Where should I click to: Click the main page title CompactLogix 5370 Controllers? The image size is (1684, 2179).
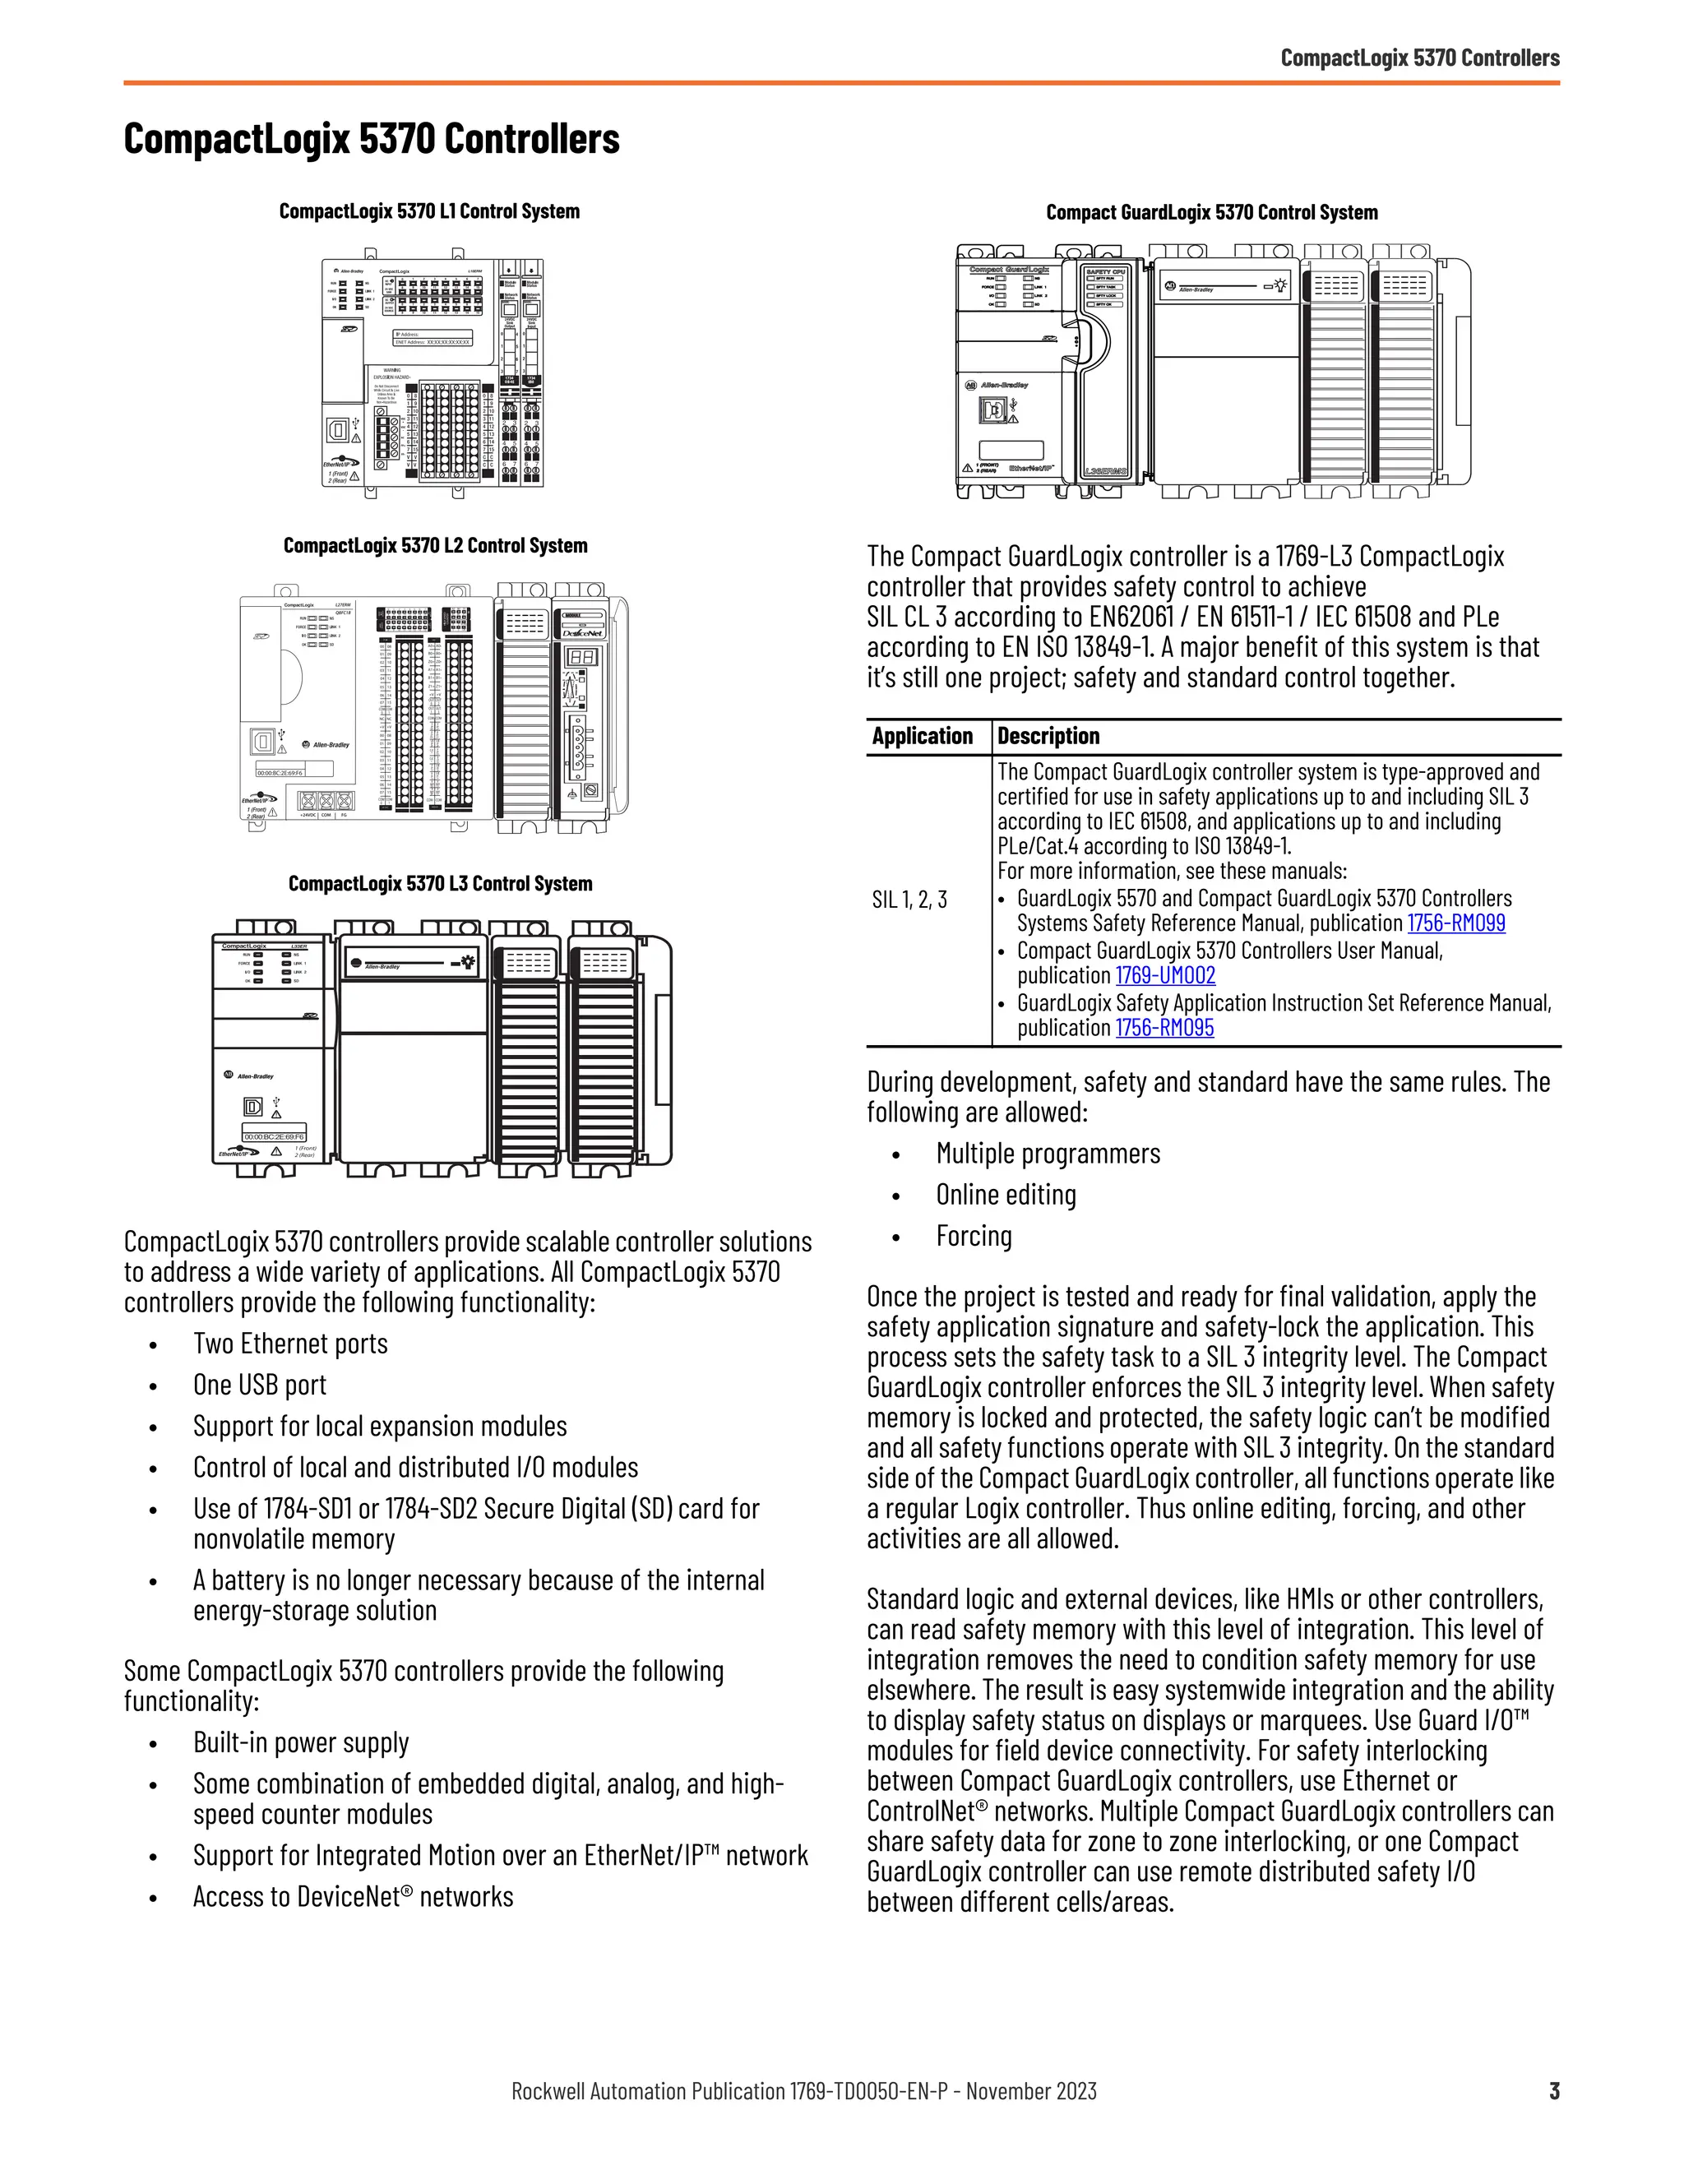click(371, 139)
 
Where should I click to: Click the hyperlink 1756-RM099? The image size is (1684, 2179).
click(1455, 923)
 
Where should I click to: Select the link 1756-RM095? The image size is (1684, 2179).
click(1164, 1028)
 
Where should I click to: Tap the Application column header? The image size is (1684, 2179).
click(922, 736)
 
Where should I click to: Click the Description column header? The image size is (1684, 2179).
click(1048, 736)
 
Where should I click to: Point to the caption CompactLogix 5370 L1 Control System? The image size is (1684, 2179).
click(429, 211)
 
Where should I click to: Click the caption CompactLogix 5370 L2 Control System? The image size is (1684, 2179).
click(435, 546)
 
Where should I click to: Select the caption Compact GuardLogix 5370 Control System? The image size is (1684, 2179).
click(1211, 212)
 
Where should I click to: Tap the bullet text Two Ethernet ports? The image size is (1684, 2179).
click(290, 1344)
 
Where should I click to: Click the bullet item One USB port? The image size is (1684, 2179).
click(259, 1385)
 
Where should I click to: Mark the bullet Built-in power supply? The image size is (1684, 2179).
click(300, 1742)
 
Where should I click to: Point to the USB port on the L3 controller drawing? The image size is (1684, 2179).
click(253, 1108)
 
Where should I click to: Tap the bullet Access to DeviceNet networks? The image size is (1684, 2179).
click(352, 1897)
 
